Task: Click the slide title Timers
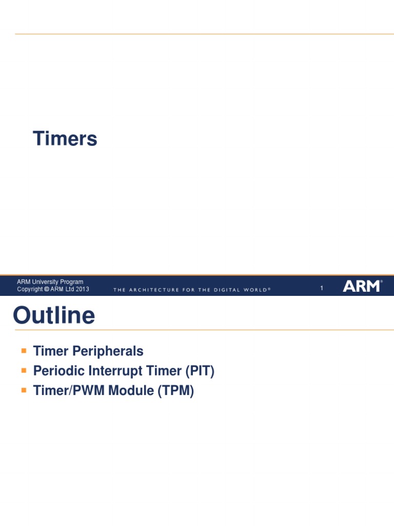(65, 139)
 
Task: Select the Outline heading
(54, 315)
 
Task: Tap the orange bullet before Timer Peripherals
(24, 351)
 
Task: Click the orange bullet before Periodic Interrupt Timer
(24, 370)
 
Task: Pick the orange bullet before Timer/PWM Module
(24, 390)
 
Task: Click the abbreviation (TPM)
(175, 391)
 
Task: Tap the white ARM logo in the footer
(362, 286)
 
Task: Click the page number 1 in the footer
(322, 289)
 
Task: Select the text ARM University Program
(50, 282)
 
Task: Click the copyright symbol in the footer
(47, 290)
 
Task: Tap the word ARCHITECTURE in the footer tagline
(153, 290)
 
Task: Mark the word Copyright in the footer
(30, 290)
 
